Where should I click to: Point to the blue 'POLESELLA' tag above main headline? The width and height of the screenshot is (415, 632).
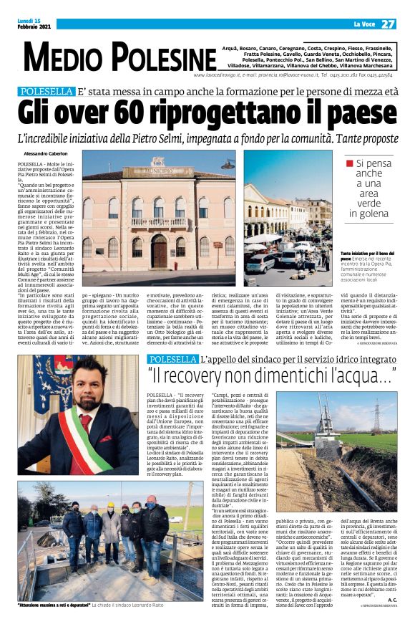(x=47, y=92)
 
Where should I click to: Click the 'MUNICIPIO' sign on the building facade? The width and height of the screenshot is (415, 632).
(x=157, y=172)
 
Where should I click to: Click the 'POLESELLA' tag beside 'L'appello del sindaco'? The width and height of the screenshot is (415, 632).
(x=172, y=358)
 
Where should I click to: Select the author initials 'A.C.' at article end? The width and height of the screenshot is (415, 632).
(x=390, y=599)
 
